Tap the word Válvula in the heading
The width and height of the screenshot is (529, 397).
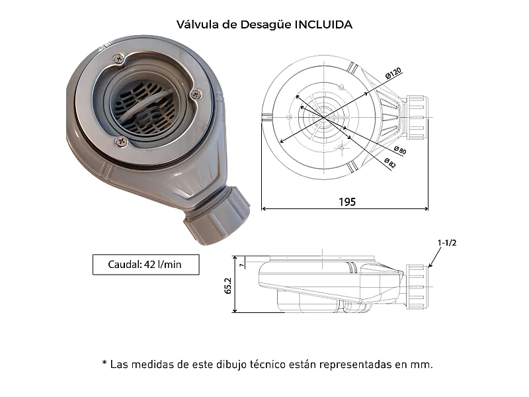click(x=197, y=24)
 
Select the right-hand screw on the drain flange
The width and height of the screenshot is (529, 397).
click(x=194, y=95)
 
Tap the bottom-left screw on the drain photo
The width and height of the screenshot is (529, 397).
click(x=120, y=141)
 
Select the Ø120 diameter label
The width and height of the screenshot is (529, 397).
click(x=394, y=75)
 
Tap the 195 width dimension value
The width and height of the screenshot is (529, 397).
click(x=345, y=202)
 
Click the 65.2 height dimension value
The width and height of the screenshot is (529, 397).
click(x=228, y=285)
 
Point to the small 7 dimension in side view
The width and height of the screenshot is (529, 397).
click(x=243, y=265)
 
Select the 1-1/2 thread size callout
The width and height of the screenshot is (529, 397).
click(x=447, y=242)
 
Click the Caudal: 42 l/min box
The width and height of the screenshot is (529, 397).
click(x=145, y=265)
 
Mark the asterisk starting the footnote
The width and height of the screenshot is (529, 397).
click(x=104, y=364)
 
